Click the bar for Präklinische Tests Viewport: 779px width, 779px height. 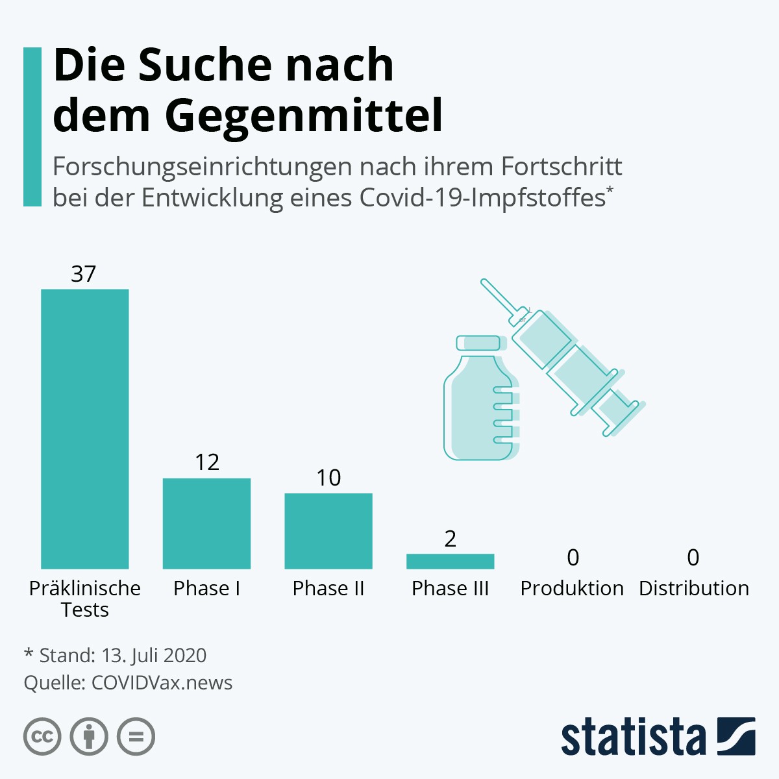pos(85,428)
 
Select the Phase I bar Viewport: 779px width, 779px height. pos(206,523)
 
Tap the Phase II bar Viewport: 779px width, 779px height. pos(328,531)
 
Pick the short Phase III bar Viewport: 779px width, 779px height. pos(450,562)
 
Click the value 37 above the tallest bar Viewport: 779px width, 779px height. pos(84,274)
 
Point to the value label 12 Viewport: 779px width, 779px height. pos(207,462)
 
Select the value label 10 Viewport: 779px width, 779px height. pos(328,478)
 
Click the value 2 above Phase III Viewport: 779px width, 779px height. pos(451,539)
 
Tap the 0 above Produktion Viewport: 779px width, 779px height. pos(573,557)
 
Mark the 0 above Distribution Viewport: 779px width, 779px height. pos(693,557)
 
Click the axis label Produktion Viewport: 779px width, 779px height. pos(572,588)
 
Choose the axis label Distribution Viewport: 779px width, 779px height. pos(694,588)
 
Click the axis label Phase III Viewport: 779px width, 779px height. pos(450,588)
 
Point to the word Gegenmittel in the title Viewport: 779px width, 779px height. pos(303,116)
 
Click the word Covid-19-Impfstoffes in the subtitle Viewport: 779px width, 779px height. pos(482,197)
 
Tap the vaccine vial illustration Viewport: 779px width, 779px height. pos(480,399)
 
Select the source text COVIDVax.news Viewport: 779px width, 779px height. pos(162,683)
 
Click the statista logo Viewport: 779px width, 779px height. pos(658,737)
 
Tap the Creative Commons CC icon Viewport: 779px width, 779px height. pos(42,737)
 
